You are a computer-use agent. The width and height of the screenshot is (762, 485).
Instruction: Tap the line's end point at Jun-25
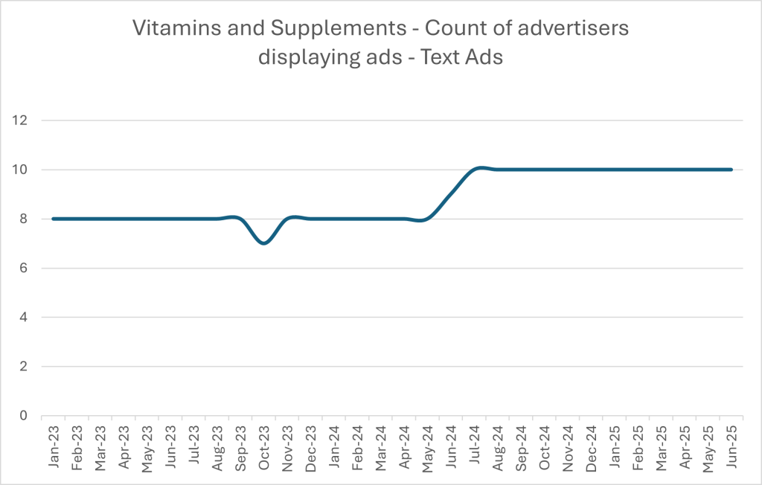click(731, 170)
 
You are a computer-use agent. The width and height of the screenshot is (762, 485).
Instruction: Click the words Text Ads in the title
click(462, 57)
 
